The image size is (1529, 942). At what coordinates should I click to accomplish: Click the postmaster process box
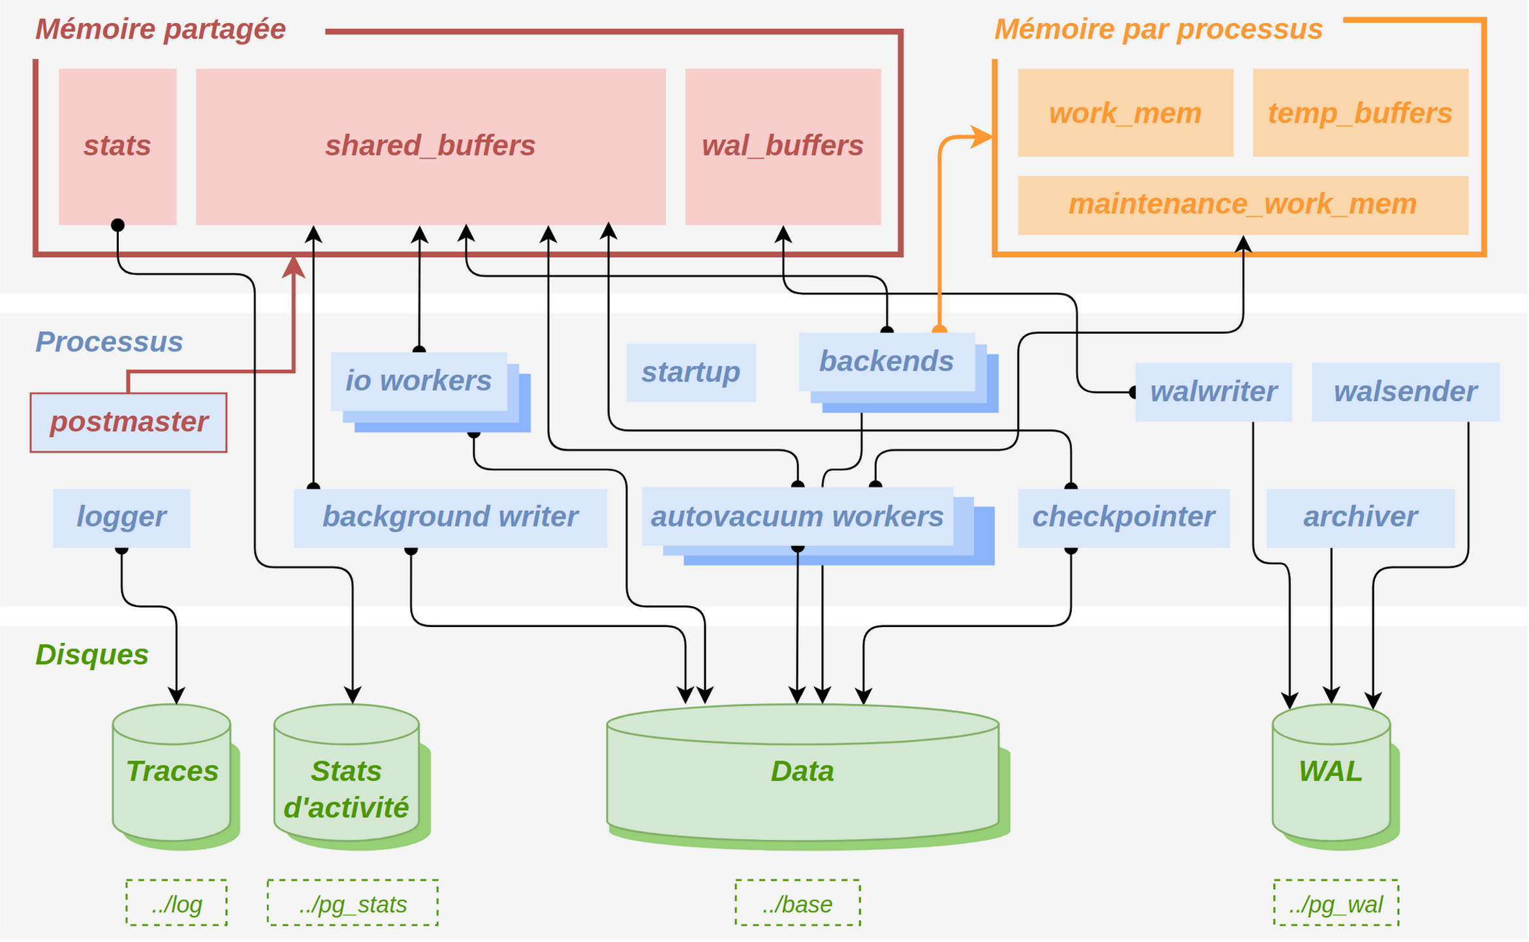click(129, 423)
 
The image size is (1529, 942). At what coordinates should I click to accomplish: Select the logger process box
click(121, 518)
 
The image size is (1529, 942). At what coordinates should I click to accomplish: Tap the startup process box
click(691, 372)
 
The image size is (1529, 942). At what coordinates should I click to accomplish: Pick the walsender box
click(1406, 392)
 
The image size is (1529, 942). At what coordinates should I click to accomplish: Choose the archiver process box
click(1361, 518)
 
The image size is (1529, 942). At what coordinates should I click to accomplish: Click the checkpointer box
click(1124, 518)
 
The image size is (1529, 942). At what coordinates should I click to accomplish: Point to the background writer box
click(450, 518)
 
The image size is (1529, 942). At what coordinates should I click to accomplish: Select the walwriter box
click(1214, 392)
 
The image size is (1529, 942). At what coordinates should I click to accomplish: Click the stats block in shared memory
click(118, 147)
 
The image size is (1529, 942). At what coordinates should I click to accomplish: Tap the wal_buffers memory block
click(783, 147)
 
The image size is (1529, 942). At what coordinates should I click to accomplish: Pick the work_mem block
click(1126, 113)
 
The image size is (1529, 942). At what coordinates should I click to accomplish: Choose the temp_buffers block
click(1361, 113)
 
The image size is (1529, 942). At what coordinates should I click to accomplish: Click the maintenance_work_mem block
click(1243, 205)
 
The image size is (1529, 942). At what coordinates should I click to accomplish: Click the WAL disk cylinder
click(1335, 777)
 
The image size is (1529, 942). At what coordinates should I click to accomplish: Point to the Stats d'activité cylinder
click(351, 777)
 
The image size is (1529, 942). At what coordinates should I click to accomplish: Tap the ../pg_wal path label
click(1336, 903)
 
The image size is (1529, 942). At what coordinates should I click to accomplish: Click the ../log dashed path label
click(176, 903)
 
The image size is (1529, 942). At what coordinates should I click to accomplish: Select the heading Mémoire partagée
click(161, 29)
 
